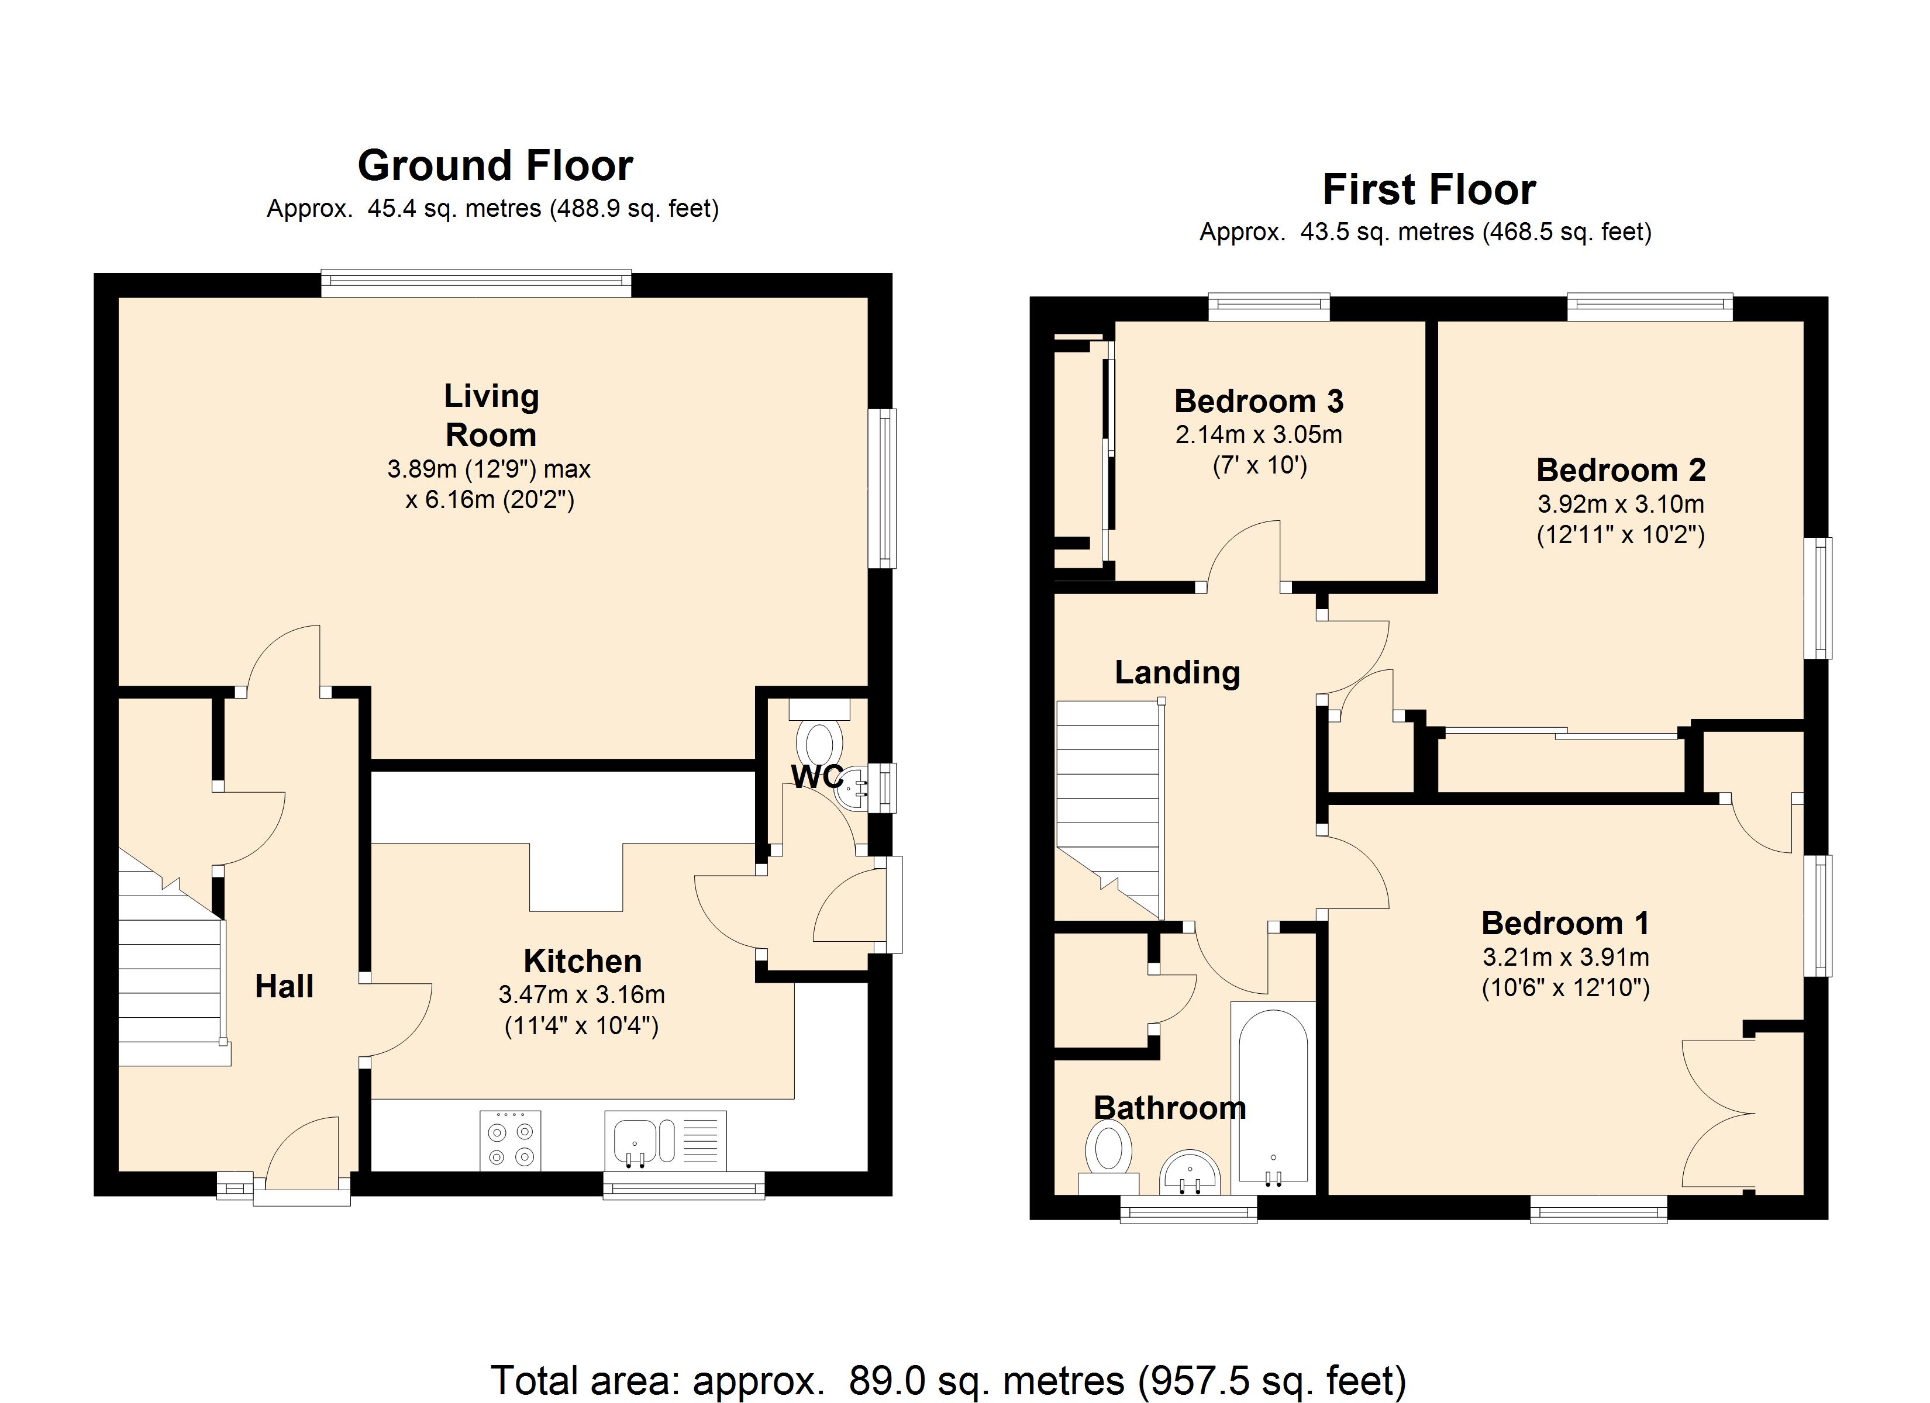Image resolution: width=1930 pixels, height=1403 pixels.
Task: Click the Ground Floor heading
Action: [x=495, y=165]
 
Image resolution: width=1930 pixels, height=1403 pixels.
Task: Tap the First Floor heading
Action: [x=1429, y=189]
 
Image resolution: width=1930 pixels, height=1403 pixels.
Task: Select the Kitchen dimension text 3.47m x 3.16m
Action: [x=582, y=994]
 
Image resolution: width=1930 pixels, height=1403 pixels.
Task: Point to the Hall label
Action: [x=284, y=986]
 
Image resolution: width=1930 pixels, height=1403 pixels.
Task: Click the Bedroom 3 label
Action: [x=1259, y=401]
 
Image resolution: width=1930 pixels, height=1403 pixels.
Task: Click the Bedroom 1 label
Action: [x=1565, y=923]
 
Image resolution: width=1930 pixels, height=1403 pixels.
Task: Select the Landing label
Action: [x=1178, y=673]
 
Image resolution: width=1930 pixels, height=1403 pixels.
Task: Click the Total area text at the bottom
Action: [x=948, y=1380]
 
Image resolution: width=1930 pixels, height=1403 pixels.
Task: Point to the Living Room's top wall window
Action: [x=477, y=284]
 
